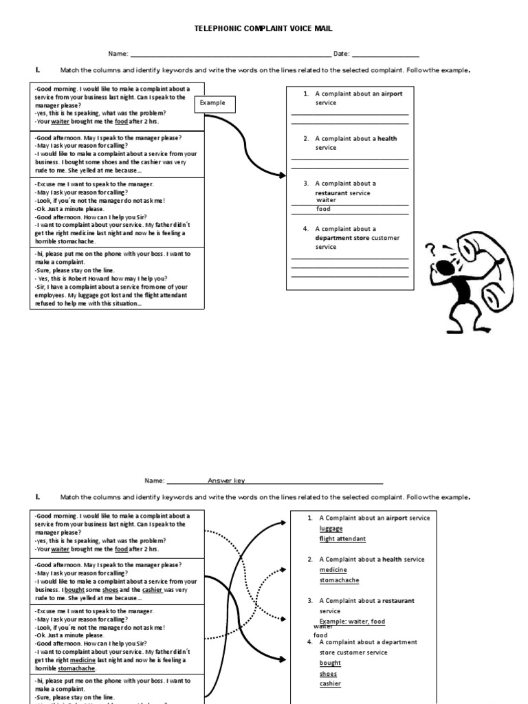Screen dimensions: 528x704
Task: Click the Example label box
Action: pyautogui.click(x=212, y=104)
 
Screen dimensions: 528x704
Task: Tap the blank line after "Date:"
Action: pyautogui.click(x=386, y=55)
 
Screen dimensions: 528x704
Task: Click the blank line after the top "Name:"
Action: pyautogui.click(x=231, y=55)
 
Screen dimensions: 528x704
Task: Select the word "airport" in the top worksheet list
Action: pyautogui.click(x=392, y=93)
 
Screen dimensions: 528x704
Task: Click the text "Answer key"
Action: pyautogui.click(x=226, y=481)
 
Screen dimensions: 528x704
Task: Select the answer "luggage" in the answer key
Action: pyautogui.click(x=331, y=529)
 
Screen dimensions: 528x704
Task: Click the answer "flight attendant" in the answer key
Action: pyautogui.click(x=342, y=539)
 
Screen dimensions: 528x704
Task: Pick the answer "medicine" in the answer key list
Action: pyautogui.click(x=333, y=570)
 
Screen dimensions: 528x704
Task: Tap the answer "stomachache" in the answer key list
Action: pyautogui.click(x=339, y=580)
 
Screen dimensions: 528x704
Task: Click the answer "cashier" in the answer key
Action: pyautogui.click(x=330, y=683)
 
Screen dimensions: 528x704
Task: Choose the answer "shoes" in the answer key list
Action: pyautogui.click(x=328, y=674)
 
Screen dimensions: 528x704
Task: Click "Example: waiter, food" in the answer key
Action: pyautogui.click(x=352, y=621)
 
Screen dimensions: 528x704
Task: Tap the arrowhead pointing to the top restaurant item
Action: pyautogui.click(x=282, y=176)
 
